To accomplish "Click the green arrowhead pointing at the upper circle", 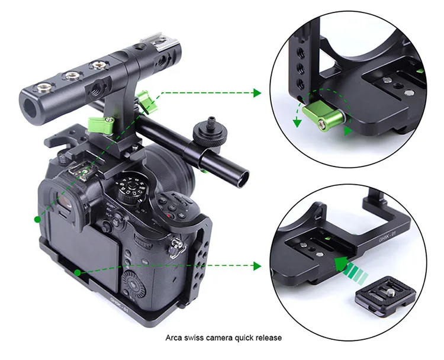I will tap(256, 93).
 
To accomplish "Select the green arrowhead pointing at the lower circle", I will tap(256, 266).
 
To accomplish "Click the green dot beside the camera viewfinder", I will tap(37, 219).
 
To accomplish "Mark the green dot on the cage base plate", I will tap(78, 272).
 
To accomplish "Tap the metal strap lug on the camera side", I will tap(175, 245).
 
